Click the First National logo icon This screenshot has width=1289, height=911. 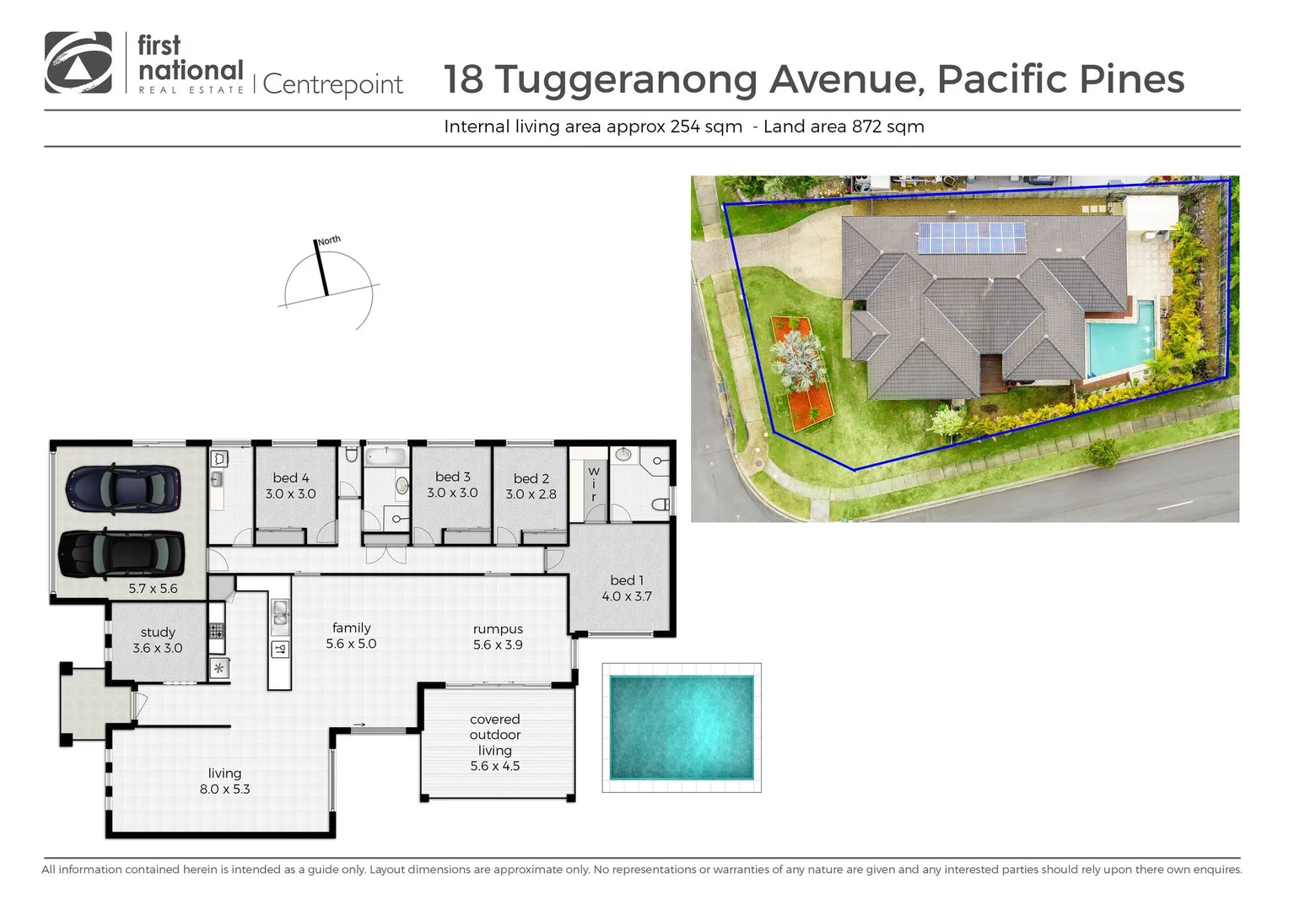78,62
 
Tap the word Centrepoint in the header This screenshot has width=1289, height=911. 333,84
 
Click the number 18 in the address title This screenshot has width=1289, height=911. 463,79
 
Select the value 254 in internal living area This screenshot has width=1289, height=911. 684,127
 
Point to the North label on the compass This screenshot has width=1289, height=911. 329,240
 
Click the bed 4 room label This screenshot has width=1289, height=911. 290,477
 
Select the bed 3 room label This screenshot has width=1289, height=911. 452,477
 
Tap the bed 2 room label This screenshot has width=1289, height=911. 531,478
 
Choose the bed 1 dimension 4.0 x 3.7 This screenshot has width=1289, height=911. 626,596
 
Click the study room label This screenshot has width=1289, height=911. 158,632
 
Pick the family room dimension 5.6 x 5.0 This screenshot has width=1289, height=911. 351,644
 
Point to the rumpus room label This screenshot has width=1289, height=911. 498,628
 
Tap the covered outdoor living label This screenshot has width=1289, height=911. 494,735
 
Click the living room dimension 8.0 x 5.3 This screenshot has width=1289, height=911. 224,790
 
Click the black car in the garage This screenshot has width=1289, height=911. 121,554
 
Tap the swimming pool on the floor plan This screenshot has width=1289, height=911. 681,727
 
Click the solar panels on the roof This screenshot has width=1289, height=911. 971,237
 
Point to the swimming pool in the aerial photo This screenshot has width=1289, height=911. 1120,346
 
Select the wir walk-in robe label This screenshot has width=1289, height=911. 593,484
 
